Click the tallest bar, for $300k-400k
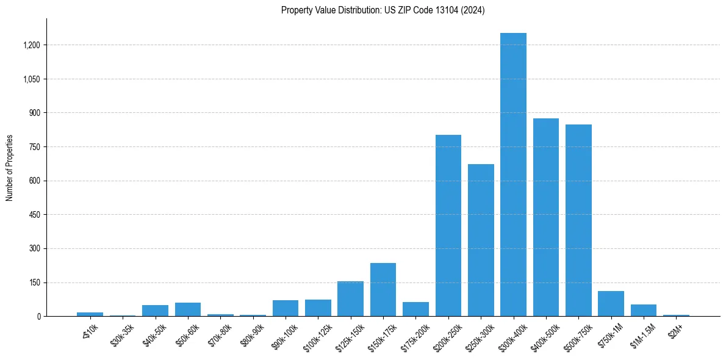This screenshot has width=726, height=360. (x=513, y=175)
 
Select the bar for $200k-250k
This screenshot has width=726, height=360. (x=448, y=226)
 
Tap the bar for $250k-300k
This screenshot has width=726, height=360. (x=481, y=240)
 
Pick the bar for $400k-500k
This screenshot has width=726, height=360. (x=546, y=217)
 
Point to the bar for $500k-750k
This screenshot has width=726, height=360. (x=578, y=220)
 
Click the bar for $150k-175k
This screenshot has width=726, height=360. (x=383, y=290)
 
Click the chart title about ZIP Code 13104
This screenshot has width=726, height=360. (x=383, y=10)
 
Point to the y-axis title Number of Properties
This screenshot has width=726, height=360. (x=10, y=168)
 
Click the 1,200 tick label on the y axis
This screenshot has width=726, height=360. (x=31, y=45)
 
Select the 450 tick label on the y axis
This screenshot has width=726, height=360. (x=34, y=215)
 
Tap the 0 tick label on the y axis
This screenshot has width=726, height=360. (x=38, y=317)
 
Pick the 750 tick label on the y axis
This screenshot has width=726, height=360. (x=34, y=147)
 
